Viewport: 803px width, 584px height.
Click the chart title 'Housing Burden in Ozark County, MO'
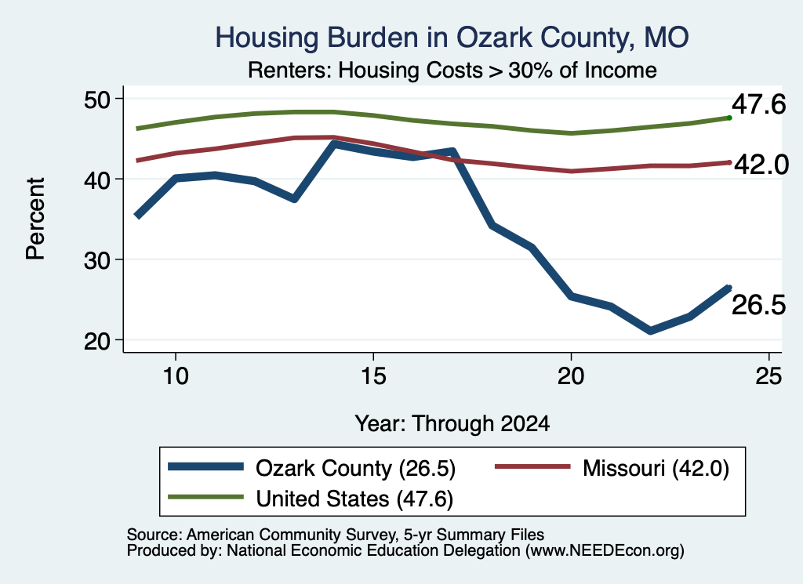pyautogui.click(x=452, y=38)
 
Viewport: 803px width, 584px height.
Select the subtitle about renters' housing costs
pyautogui.click(x=452, y=70)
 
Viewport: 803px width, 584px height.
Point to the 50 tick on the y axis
pyautogui.click(x=96, y=100)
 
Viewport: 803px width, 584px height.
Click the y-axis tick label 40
pyautogui.click(x=96, y=180)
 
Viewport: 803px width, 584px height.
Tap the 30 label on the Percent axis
pyautogui.click(x=96, y=260)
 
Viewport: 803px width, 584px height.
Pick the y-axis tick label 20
pyautogui.click(x=96, y=341)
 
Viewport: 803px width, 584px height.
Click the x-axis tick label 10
pyautogui.click(x=176, y=376)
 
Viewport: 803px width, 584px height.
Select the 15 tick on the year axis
pyautogui.click(x=373, y=376)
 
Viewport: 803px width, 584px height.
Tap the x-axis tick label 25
pyautogui.click(x=768, y=376)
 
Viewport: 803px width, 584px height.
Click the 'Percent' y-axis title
pyautogui.click(x=35, y=219)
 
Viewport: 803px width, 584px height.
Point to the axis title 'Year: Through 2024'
pyautogui.click(x=452, y=424)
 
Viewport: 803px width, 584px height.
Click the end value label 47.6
pyautogui.click(x=758, y=104)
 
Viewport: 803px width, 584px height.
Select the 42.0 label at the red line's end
pyautogui.click(x=761, y=165)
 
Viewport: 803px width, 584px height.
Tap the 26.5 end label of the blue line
pyautogui.click(x=758, y=305)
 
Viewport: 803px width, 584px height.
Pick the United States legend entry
pyautogui.click(x=311, y=499)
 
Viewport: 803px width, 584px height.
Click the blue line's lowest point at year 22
pyautogui.click(x=650, y=330)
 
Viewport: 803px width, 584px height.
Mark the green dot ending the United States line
pyautogui.click(x=729, y=118)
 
